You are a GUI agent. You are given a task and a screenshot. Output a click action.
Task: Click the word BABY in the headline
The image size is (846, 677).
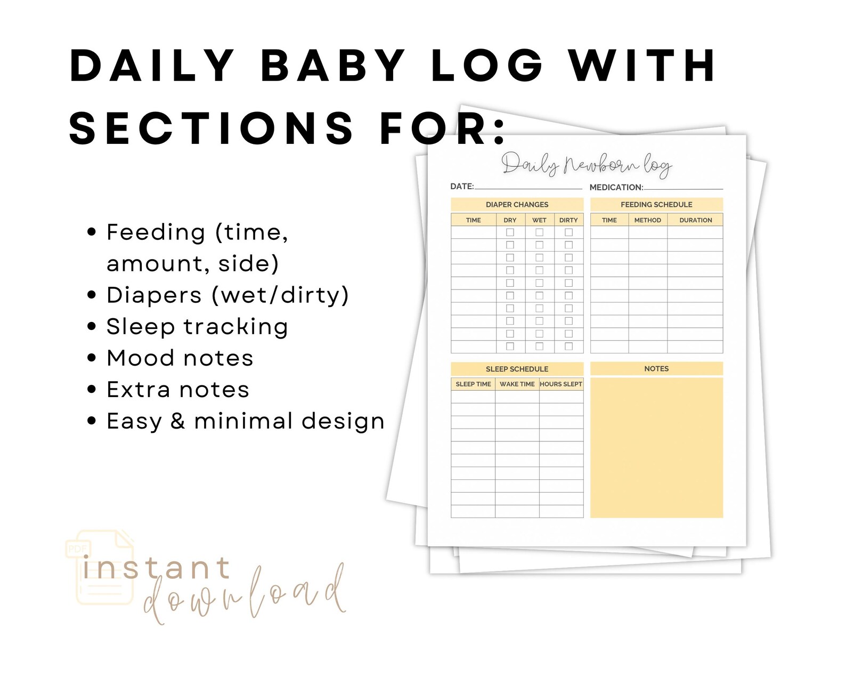coord(333,66)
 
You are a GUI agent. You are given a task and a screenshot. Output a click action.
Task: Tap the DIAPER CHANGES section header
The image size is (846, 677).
coord(517,205)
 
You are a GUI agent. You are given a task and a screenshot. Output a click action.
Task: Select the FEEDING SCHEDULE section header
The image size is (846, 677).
coord(656,205)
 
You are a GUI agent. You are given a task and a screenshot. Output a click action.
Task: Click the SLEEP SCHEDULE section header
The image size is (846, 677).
coord(517,369)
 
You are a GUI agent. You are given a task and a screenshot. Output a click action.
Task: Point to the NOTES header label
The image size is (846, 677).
coord(656,369)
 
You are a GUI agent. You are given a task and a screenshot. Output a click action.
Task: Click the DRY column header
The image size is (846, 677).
coord(510,220)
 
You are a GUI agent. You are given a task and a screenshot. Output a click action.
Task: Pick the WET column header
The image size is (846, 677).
coord(539,220)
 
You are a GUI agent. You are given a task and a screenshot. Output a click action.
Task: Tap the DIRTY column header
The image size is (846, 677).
coord(568,220)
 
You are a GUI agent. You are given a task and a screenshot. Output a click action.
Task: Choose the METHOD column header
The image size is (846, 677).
coord(647,220)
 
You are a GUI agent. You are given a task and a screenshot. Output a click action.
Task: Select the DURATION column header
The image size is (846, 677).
coord(695,220)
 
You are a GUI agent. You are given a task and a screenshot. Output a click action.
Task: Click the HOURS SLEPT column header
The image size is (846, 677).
coord(561,384)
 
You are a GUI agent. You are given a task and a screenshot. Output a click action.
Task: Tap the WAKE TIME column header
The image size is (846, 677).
coord(517,384)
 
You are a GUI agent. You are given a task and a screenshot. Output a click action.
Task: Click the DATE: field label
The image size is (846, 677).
coord(462,187)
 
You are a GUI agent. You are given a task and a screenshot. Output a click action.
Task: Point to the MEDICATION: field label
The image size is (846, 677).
coord(616,188)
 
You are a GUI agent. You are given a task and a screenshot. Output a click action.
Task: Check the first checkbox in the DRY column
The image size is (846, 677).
coord(510,232)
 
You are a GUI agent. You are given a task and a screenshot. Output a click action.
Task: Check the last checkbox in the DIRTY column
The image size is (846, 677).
coord(568,346)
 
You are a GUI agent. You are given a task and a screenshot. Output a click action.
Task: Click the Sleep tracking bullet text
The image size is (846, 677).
coord(197,327)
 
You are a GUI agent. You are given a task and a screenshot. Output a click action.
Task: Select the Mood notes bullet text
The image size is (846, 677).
coord(180,358)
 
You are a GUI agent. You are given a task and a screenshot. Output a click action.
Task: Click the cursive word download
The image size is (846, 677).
coord(245,594)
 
